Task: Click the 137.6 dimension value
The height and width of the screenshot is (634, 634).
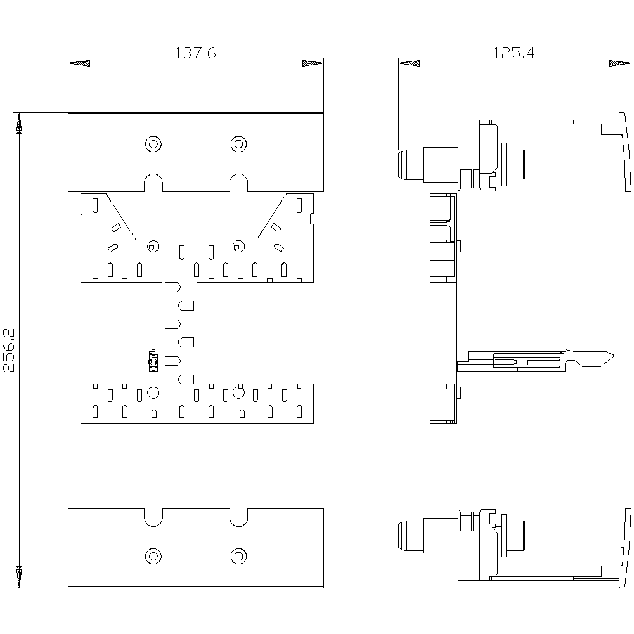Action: click(195, 53)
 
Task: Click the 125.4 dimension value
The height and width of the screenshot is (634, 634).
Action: click(514, 53)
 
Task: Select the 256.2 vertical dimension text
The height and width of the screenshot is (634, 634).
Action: click(9, 350)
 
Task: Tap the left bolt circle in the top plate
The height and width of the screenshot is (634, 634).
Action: click(153, 144)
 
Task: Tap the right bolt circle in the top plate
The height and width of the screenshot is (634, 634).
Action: click(238, 144)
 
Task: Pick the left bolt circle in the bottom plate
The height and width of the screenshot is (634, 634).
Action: click(153, 556)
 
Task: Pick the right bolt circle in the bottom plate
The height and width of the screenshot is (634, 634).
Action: click(238, 556)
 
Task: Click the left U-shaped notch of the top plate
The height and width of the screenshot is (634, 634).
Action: click(153, 183)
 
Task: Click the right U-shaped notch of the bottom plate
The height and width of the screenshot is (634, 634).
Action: click(239, 517)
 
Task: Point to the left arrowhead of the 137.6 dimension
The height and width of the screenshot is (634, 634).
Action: click(79, 63)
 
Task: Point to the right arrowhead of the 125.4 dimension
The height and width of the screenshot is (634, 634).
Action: click(620, 63)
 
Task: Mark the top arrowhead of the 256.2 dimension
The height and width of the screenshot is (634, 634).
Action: click(19, 124)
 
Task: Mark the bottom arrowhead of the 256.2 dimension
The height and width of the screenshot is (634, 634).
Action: click(19, 577)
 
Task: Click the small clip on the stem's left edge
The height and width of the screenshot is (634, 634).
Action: click(153, 361)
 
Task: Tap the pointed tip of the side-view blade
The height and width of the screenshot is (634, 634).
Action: click(613, 356)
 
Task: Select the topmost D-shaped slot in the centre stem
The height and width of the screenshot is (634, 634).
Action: click(172, 287)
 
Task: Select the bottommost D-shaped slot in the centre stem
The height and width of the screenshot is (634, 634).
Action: click(186, 379)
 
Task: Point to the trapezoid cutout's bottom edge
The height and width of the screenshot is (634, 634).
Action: click(196, 240)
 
